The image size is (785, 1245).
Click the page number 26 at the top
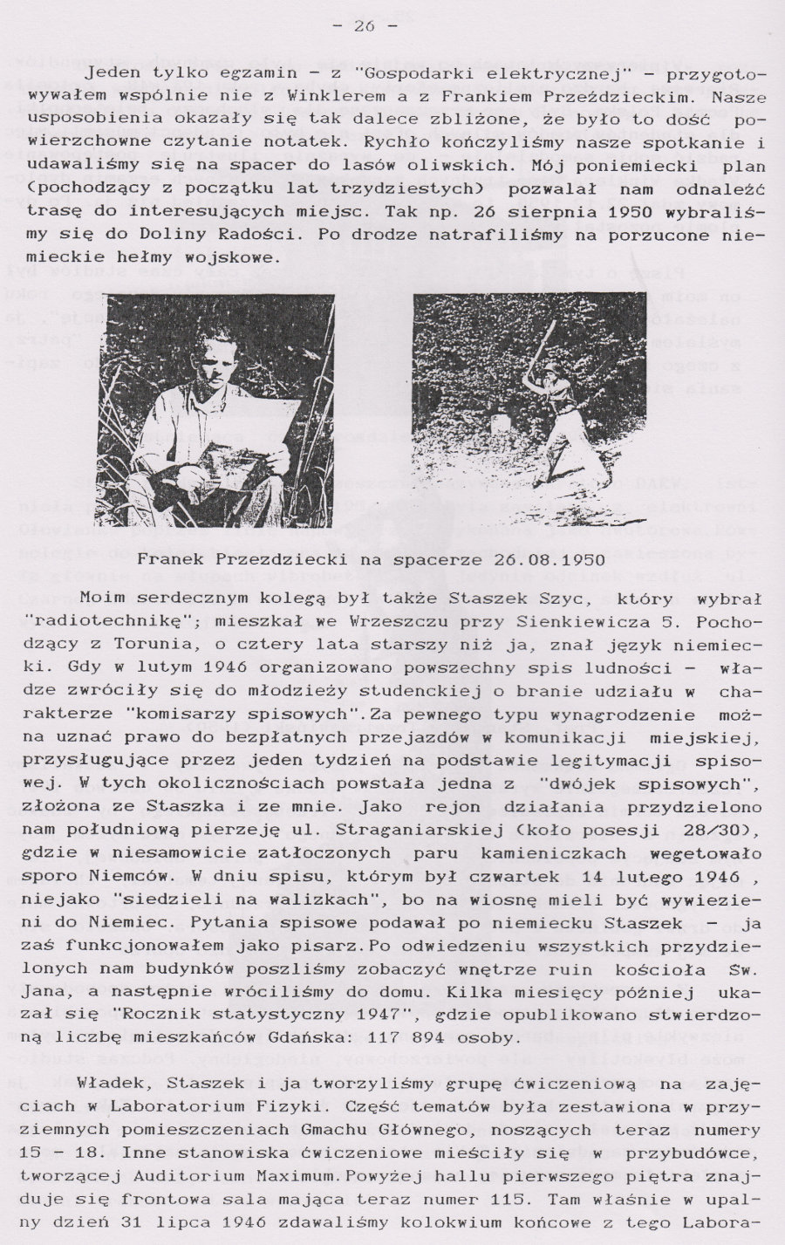(365, 26)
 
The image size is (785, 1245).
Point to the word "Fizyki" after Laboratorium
(312, 1106)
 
